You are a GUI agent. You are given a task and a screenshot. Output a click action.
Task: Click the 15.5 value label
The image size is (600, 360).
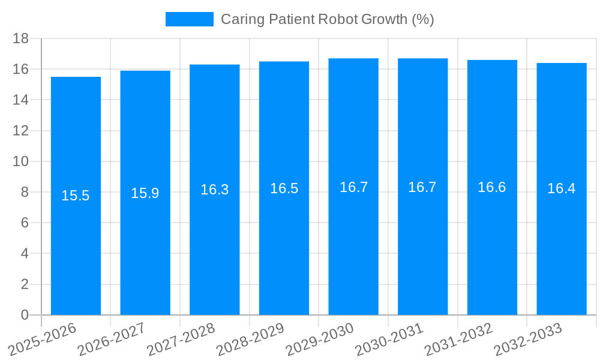(x=76, y=196)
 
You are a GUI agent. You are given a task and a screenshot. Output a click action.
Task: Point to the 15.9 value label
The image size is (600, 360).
(x=145, y=193)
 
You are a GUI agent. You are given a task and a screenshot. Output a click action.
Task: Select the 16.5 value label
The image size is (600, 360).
(x=284, y=188)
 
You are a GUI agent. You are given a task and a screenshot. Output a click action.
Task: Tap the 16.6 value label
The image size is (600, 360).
(x=492, y=187)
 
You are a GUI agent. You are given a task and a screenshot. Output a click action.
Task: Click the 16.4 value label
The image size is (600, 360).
(x=562, y=188)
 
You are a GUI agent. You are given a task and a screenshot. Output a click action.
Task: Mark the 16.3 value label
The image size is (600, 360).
(x=215, y=190)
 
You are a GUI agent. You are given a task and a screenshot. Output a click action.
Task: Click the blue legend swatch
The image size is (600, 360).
(x=189, y=19)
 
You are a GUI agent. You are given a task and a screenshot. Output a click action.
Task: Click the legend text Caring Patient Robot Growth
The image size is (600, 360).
(x=327, y=19)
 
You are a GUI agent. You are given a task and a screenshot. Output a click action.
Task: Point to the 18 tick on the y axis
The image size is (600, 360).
(x=21, y=38)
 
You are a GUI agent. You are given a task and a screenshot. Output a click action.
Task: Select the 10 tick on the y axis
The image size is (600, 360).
(x=21, y=161)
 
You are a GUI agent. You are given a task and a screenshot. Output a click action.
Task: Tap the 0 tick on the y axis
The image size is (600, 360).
(x=25, y=315)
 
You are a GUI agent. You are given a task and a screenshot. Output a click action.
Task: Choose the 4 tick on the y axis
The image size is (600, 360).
(x=25, y=254)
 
